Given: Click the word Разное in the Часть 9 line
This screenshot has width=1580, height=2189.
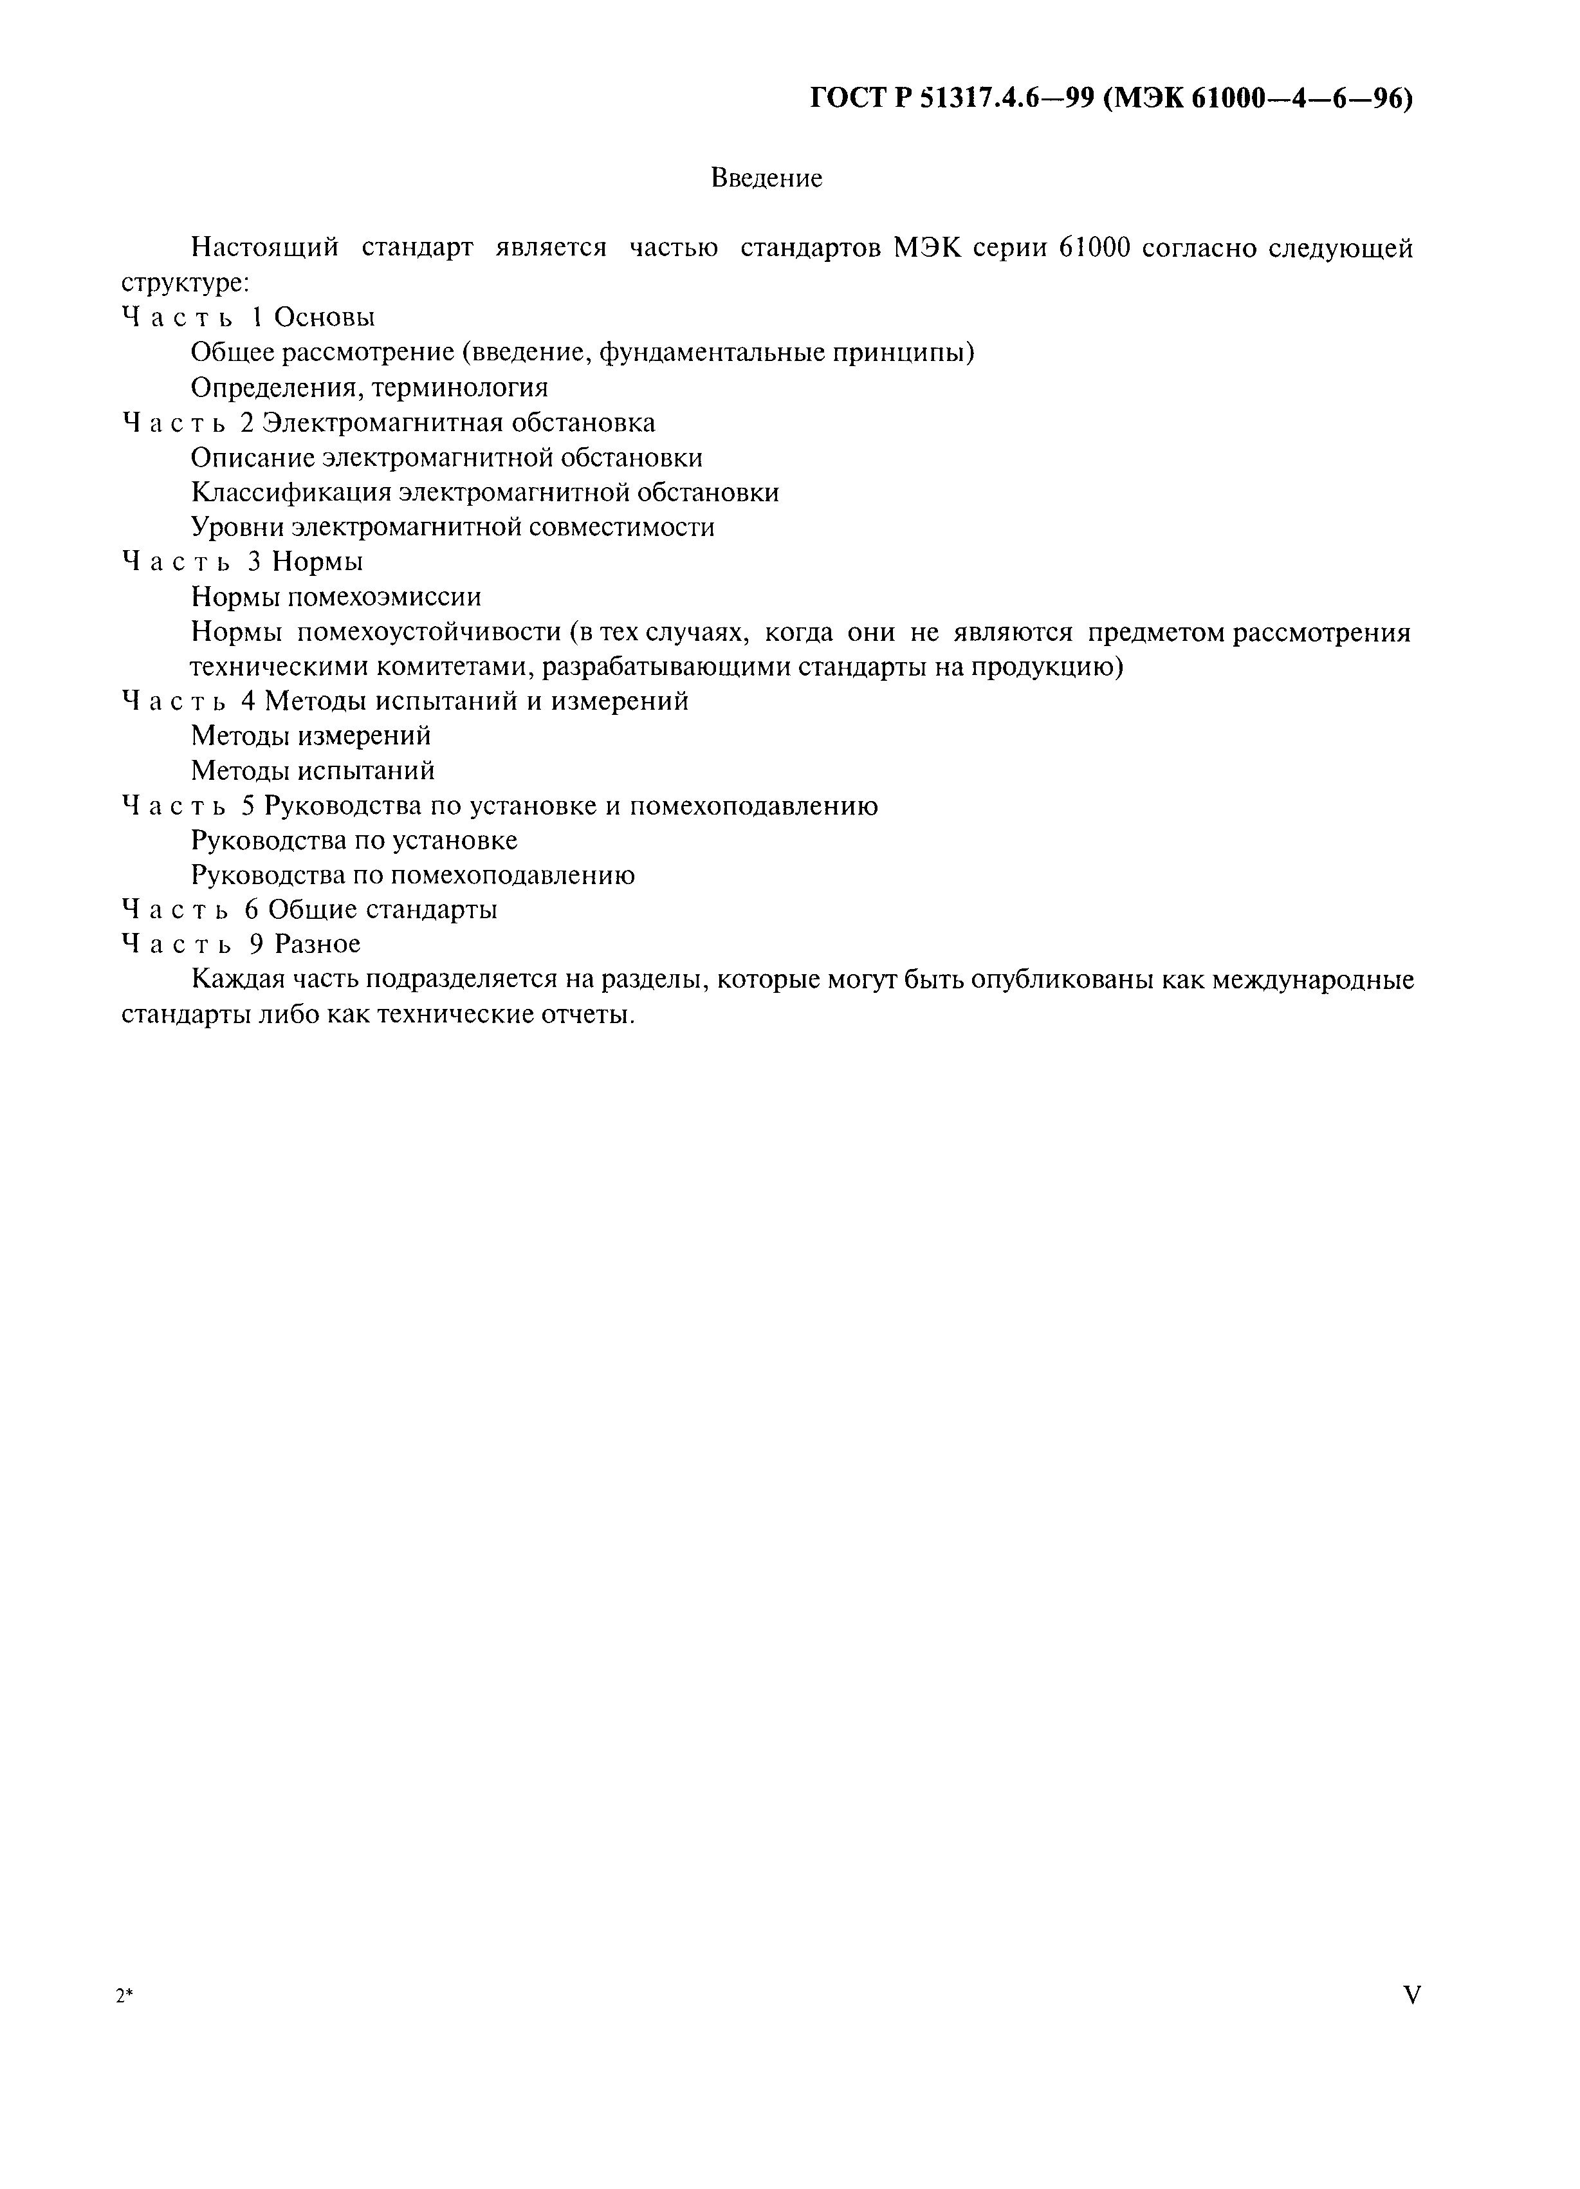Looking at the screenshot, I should pos(318,943).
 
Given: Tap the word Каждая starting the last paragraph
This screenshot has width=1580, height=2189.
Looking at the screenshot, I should pos(235,979).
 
